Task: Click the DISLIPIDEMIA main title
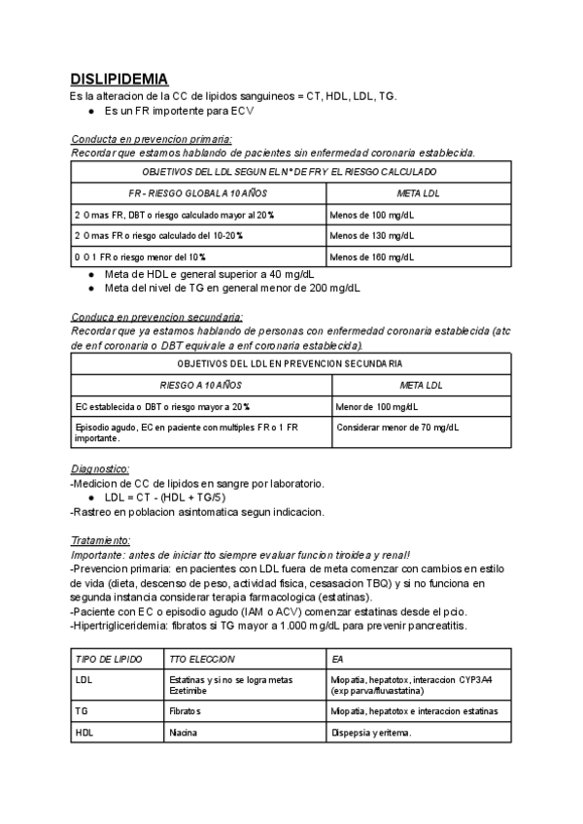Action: (120, 79)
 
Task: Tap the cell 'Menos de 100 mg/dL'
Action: (371, 215)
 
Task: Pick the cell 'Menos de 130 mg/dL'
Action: (371, 235)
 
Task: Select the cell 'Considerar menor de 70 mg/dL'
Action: (397, 427)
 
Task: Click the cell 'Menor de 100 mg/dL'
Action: (376, 406)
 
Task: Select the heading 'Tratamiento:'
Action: (100, 539)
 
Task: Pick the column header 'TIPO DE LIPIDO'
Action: (108, 659)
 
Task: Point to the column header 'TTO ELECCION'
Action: (201, 659)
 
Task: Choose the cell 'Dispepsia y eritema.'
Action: (372, 733)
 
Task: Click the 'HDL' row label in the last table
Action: (84, 733)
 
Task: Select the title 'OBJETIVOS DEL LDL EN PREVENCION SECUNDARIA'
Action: (290, 364)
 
